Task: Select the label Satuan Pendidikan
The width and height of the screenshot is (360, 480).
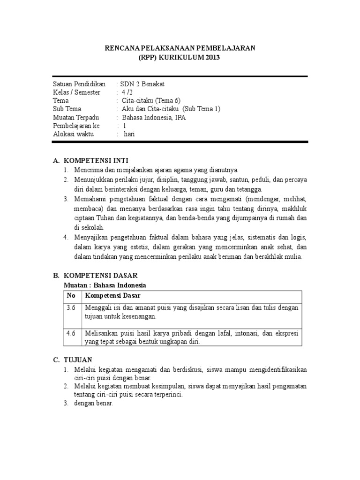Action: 79,84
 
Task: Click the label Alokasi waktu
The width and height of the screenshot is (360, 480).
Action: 74,134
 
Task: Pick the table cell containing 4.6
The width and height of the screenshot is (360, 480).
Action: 71,333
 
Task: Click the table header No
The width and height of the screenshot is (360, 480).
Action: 71,295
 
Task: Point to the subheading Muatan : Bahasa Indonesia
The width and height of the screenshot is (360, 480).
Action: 105,285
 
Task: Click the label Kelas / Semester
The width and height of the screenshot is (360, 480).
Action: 76,92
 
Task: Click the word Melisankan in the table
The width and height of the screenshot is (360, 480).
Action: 99,333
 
